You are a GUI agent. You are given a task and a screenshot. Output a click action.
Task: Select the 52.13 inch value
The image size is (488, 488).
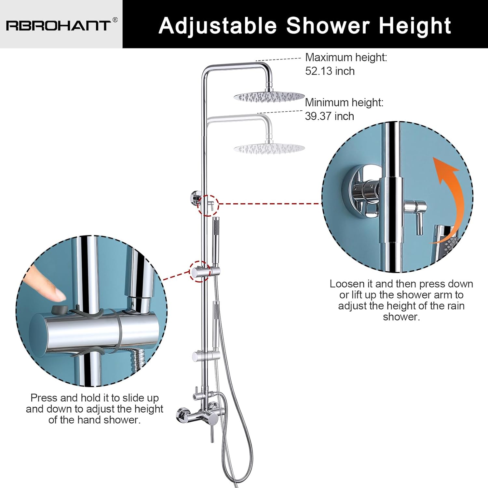coord(330,71)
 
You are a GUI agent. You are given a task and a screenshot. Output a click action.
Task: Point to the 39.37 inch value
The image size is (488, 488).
coord(330,116)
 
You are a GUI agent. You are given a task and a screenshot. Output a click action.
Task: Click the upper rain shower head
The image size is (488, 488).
coord(269,96)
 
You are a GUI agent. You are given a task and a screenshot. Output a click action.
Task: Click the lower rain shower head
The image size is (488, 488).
coord(269,148)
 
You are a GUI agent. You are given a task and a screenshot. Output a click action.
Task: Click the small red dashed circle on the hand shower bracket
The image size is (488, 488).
coord(199,272)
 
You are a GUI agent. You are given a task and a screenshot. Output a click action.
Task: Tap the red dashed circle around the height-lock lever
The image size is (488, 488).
coord(209,205)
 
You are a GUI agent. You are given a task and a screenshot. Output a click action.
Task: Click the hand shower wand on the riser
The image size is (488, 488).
coord(215,241)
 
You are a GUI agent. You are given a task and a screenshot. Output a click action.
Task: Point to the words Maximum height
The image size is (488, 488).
coord(346,58)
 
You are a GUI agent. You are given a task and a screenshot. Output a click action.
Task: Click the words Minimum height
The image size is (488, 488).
coord(344,102)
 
